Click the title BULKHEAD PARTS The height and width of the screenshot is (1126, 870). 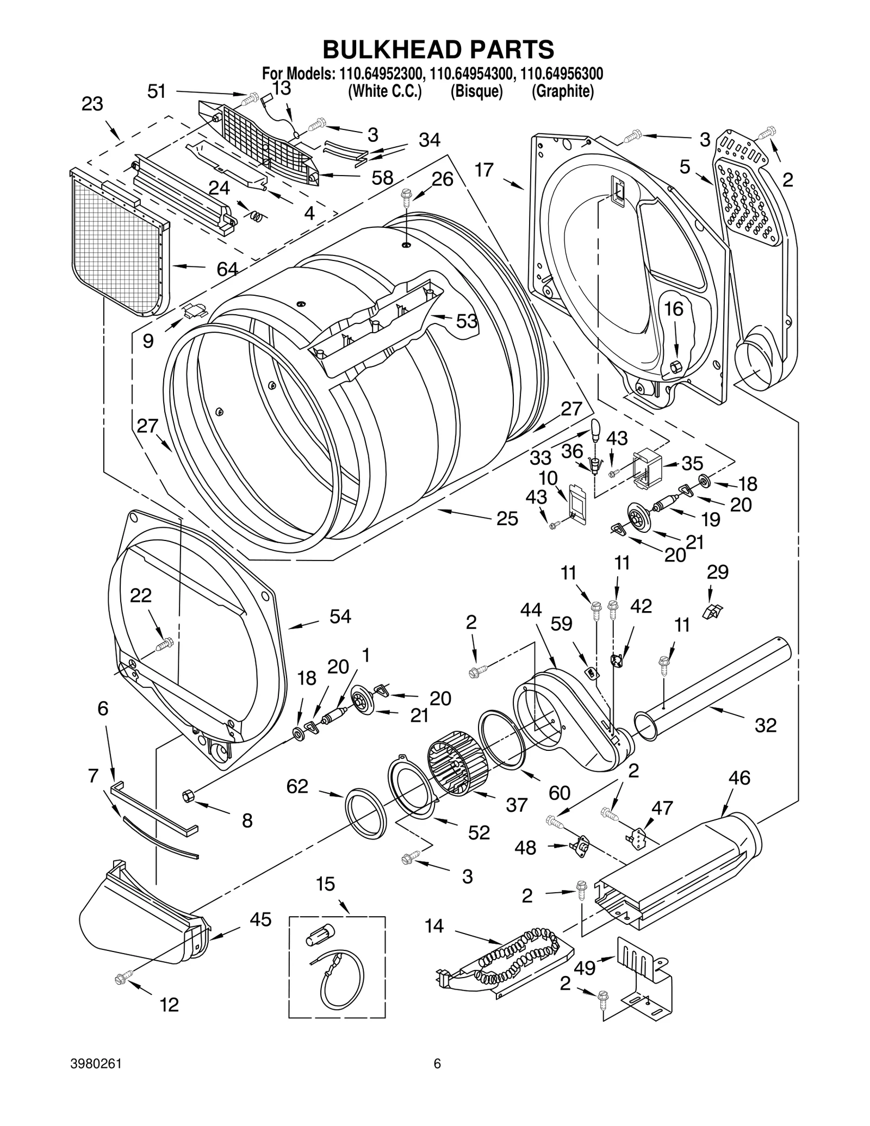coord(438,49)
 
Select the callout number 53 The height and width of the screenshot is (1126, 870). coord(467,321)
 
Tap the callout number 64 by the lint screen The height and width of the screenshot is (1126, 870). coord(227,269)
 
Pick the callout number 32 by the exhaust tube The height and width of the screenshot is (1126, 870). coord(766,725)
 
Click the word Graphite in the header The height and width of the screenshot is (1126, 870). coord(562,91)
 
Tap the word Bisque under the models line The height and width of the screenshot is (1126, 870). coord(476,91)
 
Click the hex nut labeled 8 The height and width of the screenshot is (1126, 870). coord(188,796)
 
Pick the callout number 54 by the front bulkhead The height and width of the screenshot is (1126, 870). coord(340,616)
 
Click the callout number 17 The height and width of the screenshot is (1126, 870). coord(483,170)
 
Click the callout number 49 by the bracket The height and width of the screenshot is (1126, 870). coord(585,967)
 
